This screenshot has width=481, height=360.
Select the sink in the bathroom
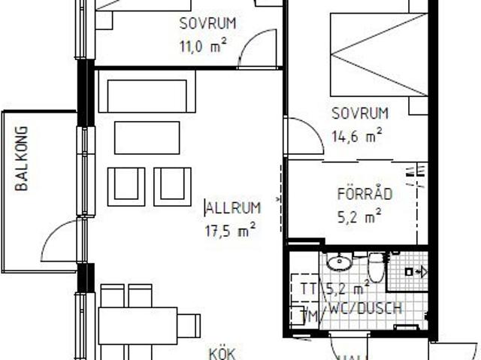tap(340, 262)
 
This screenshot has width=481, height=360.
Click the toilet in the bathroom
tap(376, 267)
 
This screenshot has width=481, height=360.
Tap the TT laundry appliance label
tap(308, 288)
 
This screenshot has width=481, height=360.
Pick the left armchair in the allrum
tap(126, 185)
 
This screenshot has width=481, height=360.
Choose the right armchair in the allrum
tap(173, 185)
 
